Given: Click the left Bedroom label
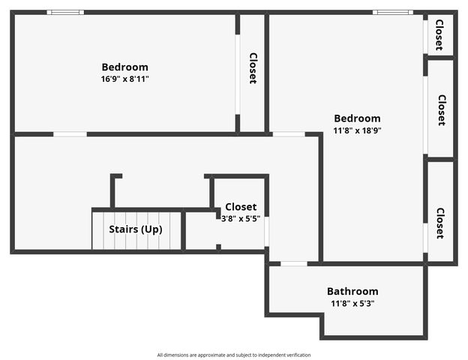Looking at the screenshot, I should [124, 67].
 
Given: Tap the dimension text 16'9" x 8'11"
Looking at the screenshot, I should [124, 79].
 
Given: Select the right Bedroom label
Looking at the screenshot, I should [357, 118].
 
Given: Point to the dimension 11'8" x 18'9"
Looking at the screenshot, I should [357, 130].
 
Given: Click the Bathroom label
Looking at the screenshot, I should [352, 291].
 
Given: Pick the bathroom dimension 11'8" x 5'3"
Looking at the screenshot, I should [352, 304].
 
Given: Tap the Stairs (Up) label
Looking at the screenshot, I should [136, 229].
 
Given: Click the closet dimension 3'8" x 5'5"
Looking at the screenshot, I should [241, 218].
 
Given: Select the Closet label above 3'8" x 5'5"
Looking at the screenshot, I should [241, 207].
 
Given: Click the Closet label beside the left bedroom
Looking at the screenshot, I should [253, 68].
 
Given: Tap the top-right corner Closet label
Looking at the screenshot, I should [439, 34].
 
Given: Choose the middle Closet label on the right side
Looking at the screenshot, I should [442, 109].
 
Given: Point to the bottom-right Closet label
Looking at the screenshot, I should [440, 223].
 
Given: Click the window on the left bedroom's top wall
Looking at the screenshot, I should [65, 12].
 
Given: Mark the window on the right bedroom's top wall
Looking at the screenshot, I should [392, 12].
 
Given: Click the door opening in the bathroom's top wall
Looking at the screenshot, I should [294, 263].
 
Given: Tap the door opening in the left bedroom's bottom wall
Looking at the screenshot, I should [70, 134].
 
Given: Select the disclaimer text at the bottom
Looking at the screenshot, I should [233, 355].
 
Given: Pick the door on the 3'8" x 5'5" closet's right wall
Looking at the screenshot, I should [266, 232].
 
